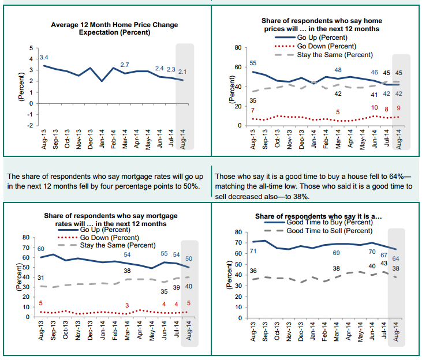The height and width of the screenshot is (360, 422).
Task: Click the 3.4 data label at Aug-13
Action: coord(44,58)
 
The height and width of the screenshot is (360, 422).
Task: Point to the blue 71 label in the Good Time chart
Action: coord(253,251)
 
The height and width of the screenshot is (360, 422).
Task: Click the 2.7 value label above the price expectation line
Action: coord(125,64)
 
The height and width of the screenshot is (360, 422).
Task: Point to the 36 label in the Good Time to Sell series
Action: coord(252,271)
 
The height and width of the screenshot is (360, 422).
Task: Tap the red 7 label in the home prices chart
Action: coord(252,111)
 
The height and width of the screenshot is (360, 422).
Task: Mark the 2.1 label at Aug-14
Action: coord(182,72)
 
